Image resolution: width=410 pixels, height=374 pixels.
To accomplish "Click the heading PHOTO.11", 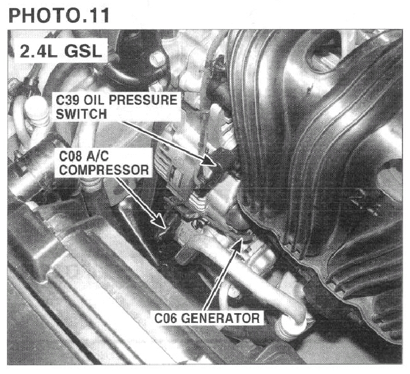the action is pyautogui.click(x=59, y=16).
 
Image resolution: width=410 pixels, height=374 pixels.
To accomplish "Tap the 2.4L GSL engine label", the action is pyautogui.click(x=61, y=52).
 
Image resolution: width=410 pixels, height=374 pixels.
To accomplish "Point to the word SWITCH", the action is pyautogui.click(x=81, y=114).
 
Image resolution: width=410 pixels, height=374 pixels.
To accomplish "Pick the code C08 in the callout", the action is pyautogui.click(x=71, y=157).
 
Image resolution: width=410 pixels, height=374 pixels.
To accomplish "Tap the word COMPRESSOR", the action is pyautogui.click(x=104, y=170).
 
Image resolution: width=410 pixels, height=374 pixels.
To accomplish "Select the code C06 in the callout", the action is pyautogui.click(x=166, y=318).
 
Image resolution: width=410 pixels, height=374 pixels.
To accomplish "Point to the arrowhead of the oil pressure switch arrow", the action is pyautogui.click(x=210, y=160).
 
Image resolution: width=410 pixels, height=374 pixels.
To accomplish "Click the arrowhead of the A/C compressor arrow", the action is pyautogui.click(x=159, y=221).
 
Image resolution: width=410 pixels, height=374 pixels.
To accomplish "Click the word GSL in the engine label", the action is pyautogui.click(x=83, y=52).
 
